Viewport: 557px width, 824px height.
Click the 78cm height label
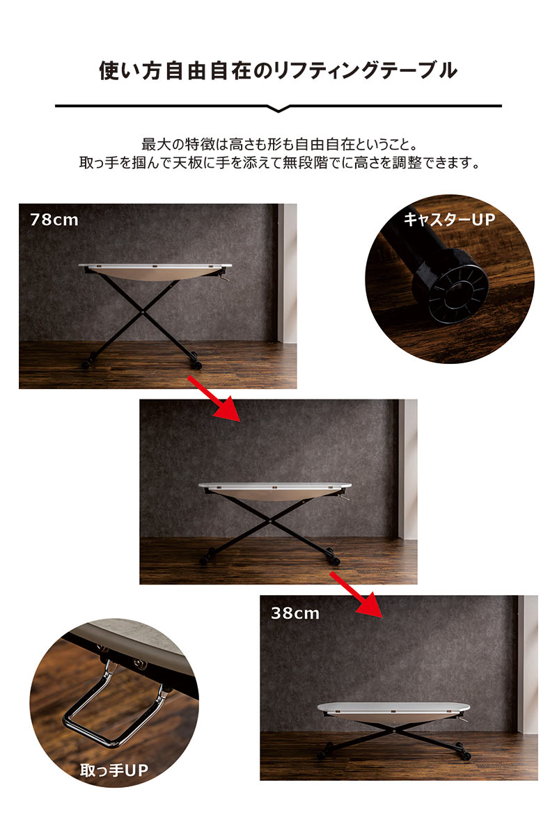tap(54, 219)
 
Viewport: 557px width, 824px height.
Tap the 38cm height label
tap(295, 612)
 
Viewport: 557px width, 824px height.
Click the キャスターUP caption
tap(449, 219)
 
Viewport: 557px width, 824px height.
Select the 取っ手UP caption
tap(114, 770)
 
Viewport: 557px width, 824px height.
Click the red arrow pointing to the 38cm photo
tap(356, 594)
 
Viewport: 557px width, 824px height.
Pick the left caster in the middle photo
tap(205, 559)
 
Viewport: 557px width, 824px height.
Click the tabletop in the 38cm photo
tap(393, 706)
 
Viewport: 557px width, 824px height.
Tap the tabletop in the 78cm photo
tap(155, 266)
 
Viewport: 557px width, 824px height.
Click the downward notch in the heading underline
tap(278, 109)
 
